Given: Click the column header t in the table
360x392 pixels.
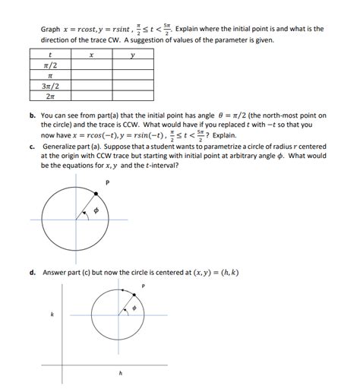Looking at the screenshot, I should (x=49, y=55).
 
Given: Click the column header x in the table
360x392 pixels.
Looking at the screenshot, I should (x=90, y=55).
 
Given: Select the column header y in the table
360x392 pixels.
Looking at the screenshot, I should (x=132, y=55).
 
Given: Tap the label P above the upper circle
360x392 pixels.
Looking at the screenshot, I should (x=108, y=182).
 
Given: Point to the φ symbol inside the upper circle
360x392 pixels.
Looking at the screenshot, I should (x=96, y=211).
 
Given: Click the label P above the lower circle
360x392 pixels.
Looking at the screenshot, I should (x=143, y=286).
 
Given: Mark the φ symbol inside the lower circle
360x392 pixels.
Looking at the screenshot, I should (x=133, y=310).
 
